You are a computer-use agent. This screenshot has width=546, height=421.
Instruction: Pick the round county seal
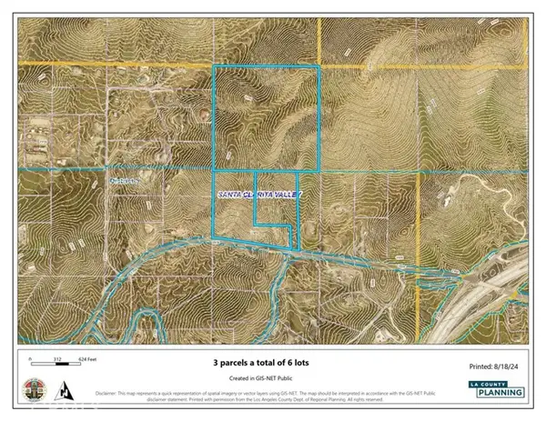coord(38,389)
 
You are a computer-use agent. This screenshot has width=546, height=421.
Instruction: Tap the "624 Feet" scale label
coord(89,360)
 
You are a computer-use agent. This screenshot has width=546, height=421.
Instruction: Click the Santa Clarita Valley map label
coord(257,195)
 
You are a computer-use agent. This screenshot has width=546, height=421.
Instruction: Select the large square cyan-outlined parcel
coord(266,118)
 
